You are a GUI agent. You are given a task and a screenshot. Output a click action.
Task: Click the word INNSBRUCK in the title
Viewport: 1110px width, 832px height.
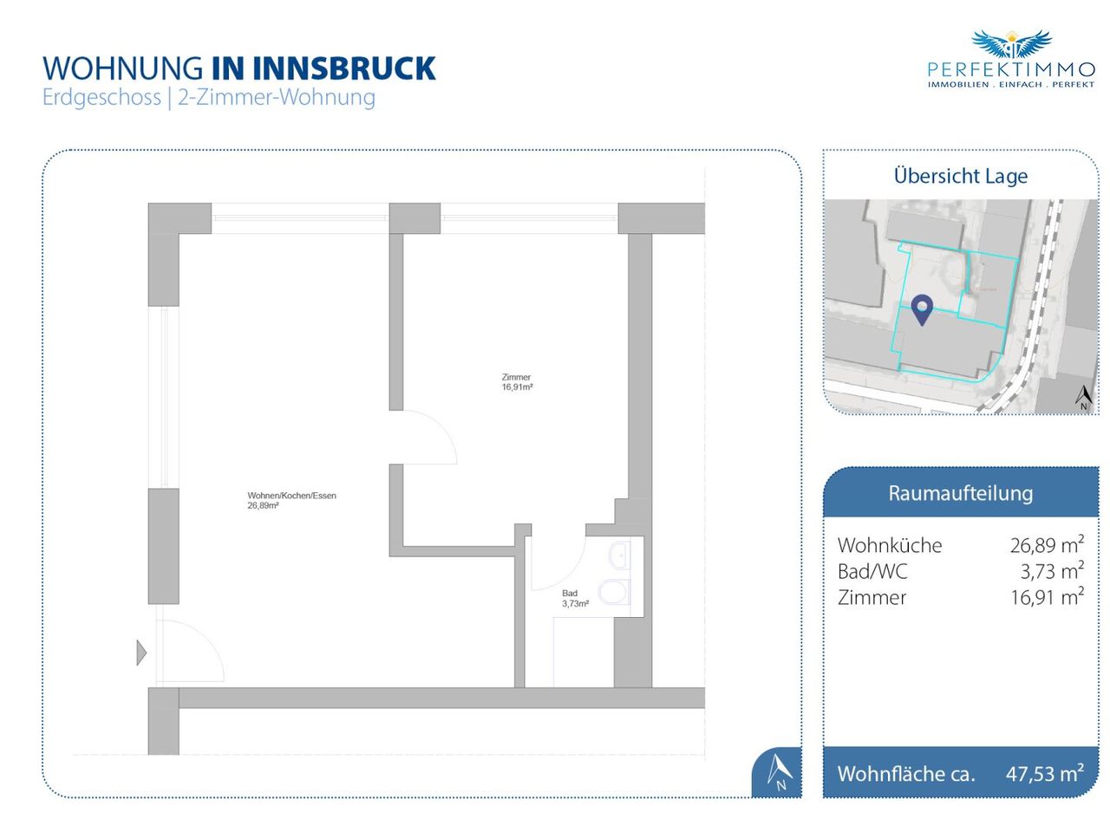[344, 68]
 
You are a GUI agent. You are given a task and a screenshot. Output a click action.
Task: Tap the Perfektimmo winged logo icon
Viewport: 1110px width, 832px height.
[1011, 45]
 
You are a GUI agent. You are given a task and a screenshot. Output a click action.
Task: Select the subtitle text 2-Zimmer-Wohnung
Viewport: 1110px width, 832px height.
[276, 97]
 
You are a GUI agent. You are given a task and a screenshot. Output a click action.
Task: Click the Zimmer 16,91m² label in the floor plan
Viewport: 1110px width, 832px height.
[517, 382]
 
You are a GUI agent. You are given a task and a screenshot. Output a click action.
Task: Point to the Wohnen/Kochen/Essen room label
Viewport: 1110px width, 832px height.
[291, 500]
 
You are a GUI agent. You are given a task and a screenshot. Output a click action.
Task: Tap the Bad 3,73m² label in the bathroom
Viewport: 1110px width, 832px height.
[575, 599]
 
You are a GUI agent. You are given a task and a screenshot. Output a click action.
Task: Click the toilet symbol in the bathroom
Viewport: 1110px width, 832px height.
[616, 591]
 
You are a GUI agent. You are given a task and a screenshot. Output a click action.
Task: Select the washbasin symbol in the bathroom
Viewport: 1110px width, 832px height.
[619, 554]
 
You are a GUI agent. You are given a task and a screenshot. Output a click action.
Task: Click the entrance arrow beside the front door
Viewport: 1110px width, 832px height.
[141, 652]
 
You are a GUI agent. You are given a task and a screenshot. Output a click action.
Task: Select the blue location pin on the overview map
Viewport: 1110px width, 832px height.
[922, 309]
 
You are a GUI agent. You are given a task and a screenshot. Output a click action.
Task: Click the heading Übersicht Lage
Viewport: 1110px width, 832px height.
[960, 176]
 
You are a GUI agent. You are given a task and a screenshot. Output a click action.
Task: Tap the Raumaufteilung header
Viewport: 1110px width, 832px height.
[960, 493]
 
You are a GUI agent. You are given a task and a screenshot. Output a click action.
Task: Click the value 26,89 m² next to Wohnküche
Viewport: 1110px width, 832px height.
[1046, 545]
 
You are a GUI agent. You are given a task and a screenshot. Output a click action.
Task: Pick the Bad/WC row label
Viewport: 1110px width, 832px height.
[872, 571]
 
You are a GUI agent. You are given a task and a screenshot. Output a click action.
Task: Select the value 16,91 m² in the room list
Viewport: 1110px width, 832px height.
[1046, 597]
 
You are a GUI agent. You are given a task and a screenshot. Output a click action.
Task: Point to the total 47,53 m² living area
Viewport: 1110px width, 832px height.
[1044, 773]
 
